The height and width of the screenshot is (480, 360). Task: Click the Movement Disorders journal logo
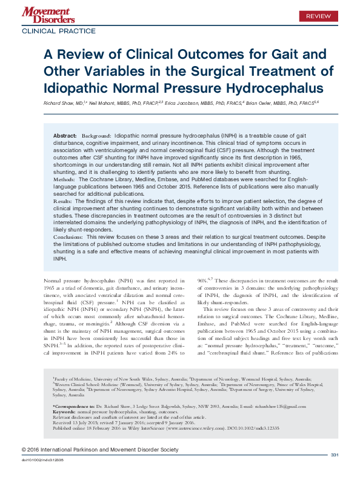click(43, 15)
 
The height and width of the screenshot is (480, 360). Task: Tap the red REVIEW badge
click(318, 15)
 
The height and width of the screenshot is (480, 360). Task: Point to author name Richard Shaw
click(58, 103)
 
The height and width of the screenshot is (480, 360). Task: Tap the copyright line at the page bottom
click(100, 449)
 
